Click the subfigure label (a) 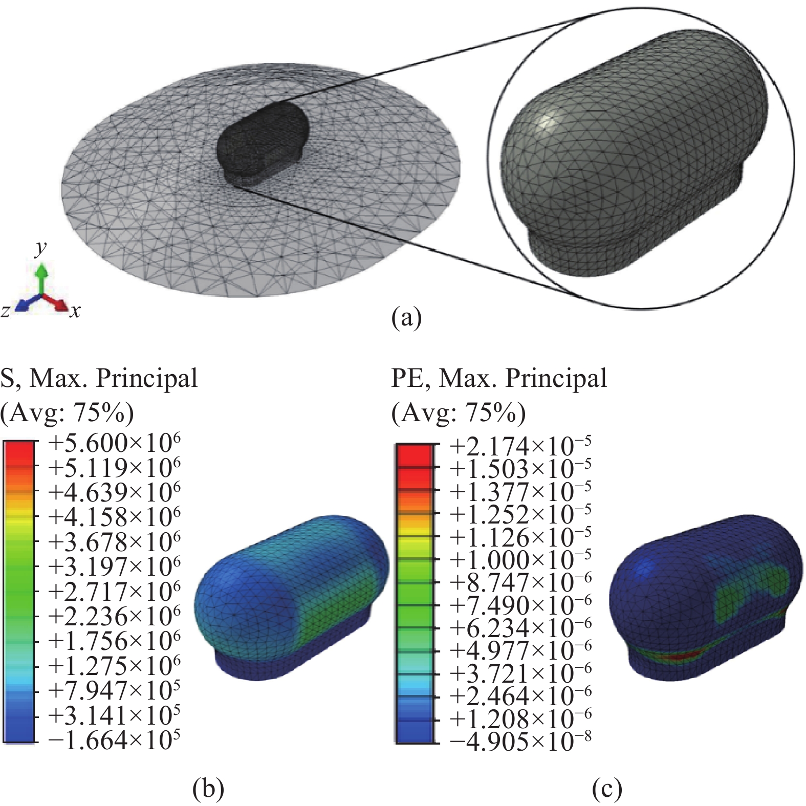coord(406,318)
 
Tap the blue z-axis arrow coord(30,303)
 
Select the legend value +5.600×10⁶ coord(114,443)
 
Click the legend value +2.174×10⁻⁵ coord(520,447)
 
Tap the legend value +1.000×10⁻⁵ coord(520,559)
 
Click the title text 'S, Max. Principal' coord(99,379)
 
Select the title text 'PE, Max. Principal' coord(499,379)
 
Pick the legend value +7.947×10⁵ coord(114,690)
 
